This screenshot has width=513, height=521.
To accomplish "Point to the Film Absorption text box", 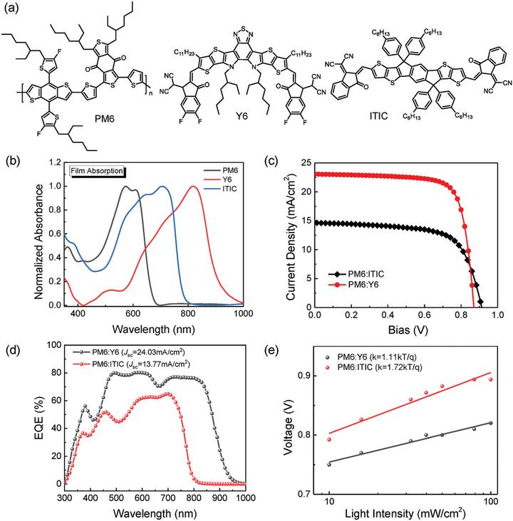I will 97,171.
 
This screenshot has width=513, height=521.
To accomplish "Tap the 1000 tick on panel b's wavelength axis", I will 243,314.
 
